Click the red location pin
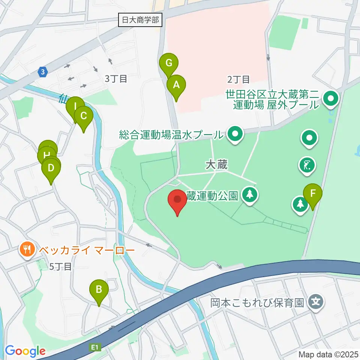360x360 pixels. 178,200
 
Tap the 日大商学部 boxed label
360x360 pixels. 141,20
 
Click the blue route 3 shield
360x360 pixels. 43,72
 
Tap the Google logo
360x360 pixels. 25,351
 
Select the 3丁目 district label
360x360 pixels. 116,79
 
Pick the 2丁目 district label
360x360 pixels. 238,79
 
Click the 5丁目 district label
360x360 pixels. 61,267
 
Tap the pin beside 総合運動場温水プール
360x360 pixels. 235,134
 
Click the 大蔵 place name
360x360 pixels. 217,164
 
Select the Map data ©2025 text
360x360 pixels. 328,354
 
